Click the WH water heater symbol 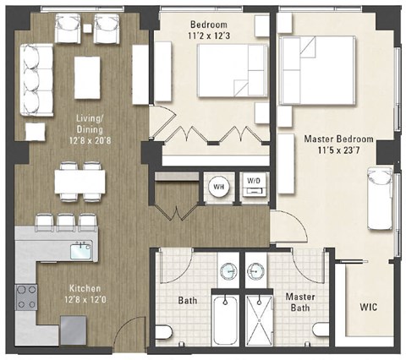(217, 186)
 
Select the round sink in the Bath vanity (227, 271)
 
